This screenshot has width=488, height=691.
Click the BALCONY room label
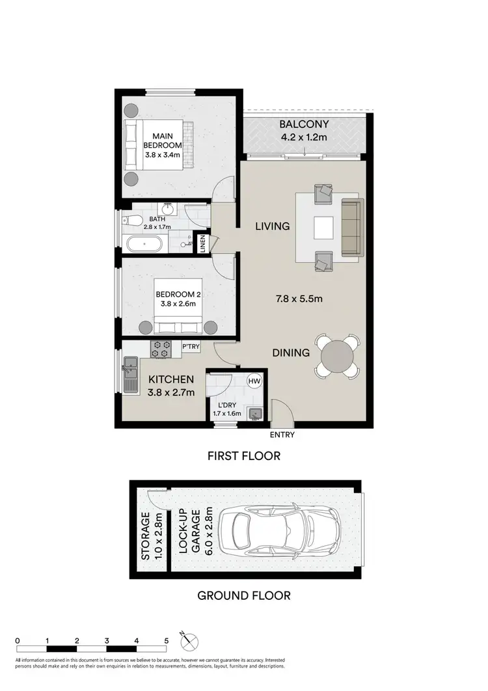(304, 124)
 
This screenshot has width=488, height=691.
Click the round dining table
(337, 355)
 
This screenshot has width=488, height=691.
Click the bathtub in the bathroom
(144, 245)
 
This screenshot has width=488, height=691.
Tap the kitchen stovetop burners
(160, 348)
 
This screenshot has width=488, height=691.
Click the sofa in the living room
(351, 228)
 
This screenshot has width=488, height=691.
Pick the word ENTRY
(282, 435)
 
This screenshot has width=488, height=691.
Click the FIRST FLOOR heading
(244, 455)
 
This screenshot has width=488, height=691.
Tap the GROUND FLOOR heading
(244, 595)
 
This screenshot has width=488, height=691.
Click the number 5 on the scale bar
(167, 641)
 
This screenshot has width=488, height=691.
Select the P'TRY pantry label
(190, 347)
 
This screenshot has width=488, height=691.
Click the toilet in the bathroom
(132, 220)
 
